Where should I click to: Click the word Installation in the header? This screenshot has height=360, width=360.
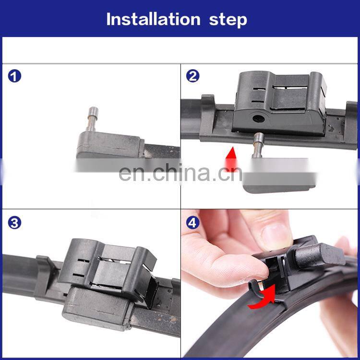point(154,19)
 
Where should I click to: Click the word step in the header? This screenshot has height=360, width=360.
point(228,20)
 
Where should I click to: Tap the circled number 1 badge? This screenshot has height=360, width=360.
point(14,76)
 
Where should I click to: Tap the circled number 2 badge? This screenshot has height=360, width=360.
point(192,76)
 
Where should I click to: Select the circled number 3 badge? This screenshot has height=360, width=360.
point(14,223)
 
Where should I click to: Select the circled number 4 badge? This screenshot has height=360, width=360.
point(192,223)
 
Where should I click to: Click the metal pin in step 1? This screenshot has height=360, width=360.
point(93,119)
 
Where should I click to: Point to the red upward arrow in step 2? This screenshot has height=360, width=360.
point(231,159)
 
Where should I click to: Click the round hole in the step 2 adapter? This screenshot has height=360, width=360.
point(259,119)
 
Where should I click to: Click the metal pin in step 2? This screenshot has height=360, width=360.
point(259,145)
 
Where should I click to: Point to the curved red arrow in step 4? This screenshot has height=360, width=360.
point(262,297)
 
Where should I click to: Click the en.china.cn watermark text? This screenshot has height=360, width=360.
point(180,172)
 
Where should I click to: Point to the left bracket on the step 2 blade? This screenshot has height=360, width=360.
point(208,117)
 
